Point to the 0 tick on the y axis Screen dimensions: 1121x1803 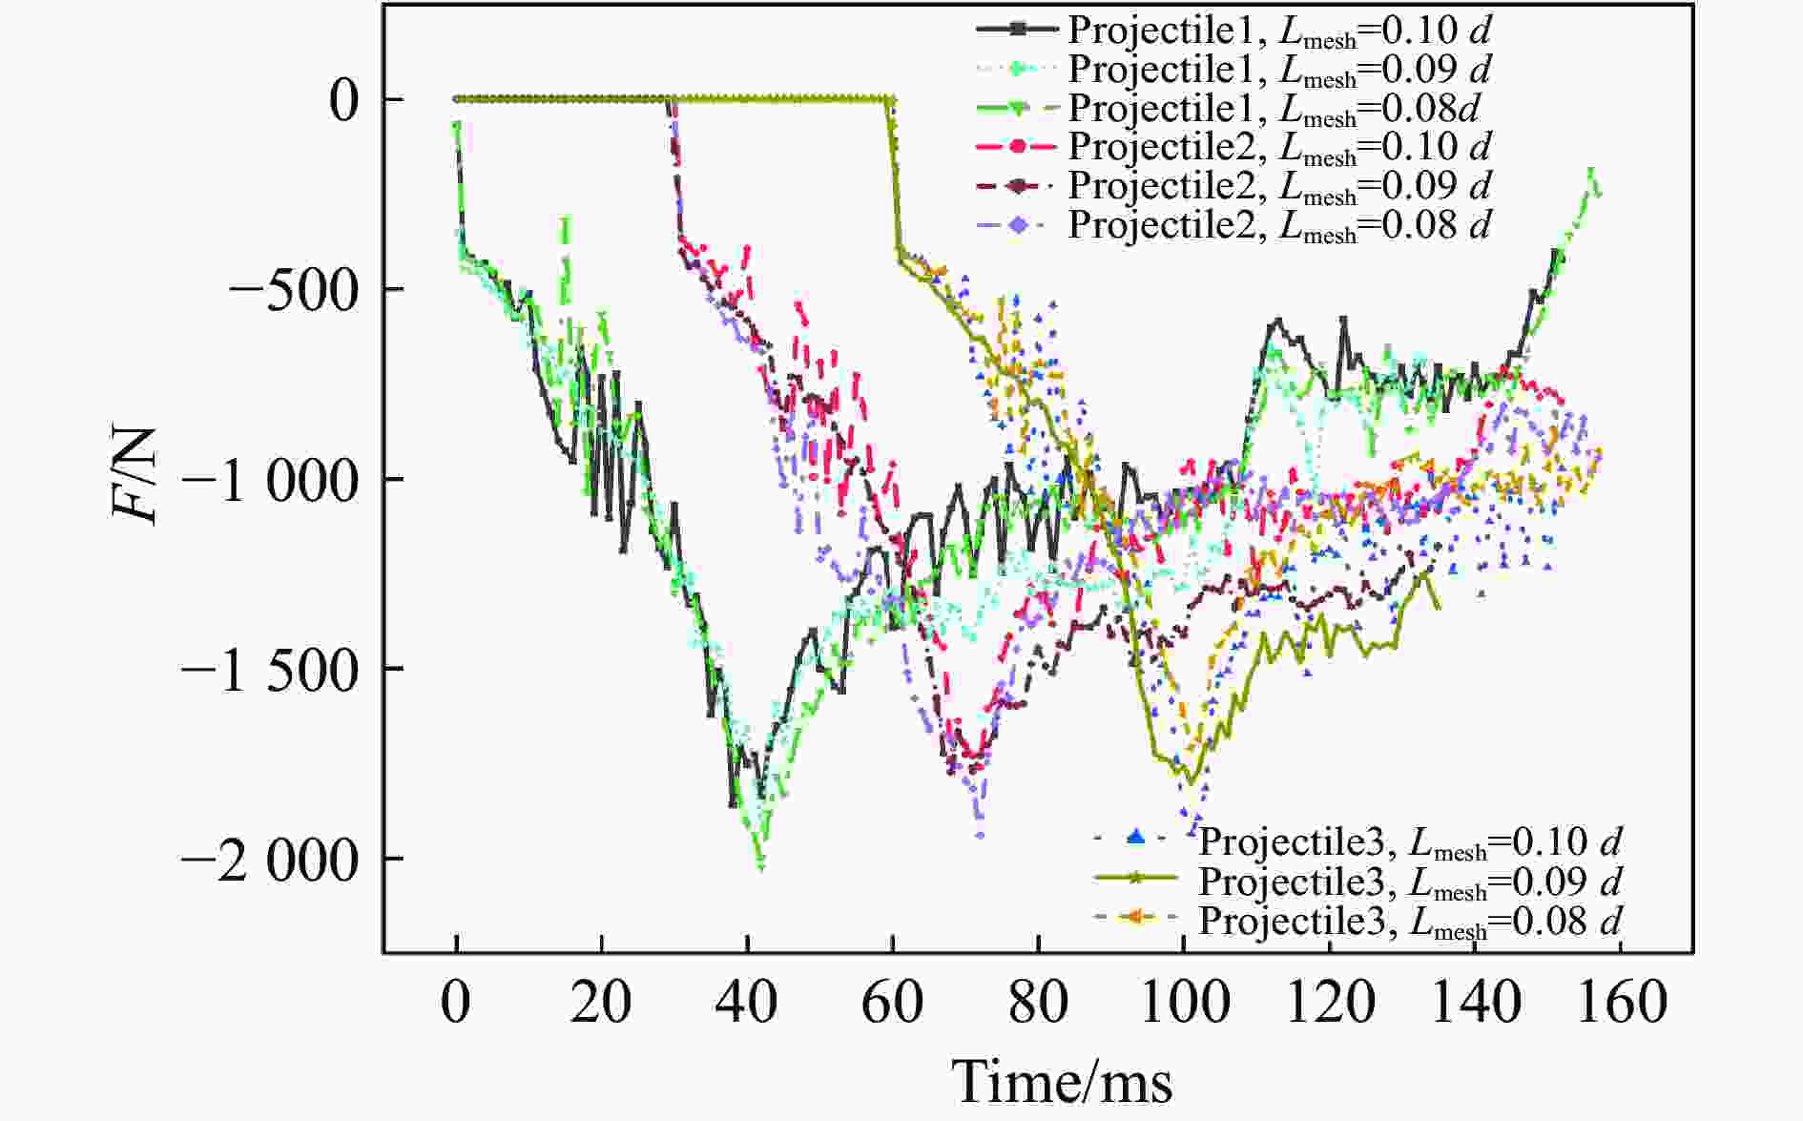[343, 100]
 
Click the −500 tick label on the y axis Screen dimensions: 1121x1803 [294, 289]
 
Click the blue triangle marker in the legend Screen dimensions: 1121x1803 [1134, 839]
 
